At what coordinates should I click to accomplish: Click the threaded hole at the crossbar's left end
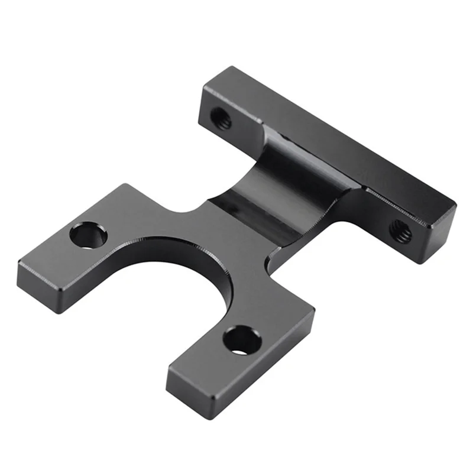click(x=221, y=118)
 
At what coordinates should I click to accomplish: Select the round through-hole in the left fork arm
click(x=88, y=235)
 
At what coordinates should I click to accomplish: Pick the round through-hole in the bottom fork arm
click(x=242, y=341)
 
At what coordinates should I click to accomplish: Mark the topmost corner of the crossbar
click(x=223, y=67)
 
